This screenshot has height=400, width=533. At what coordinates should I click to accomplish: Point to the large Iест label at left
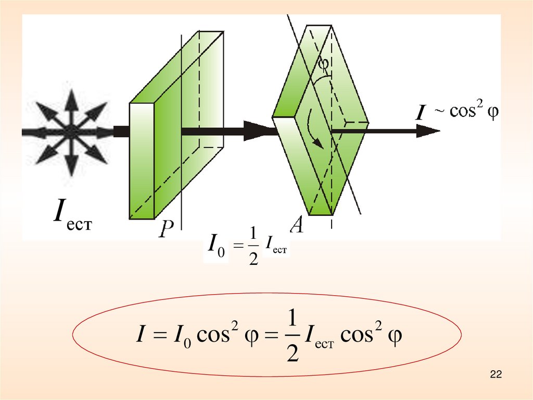click(72, 219)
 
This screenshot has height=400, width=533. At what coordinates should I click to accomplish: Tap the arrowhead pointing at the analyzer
click(259, 130)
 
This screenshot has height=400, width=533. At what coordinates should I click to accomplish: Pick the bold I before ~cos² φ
click(417, 114)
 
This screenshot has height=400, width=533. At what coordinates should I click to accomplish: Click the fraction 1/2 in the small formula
click(253, 251)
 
